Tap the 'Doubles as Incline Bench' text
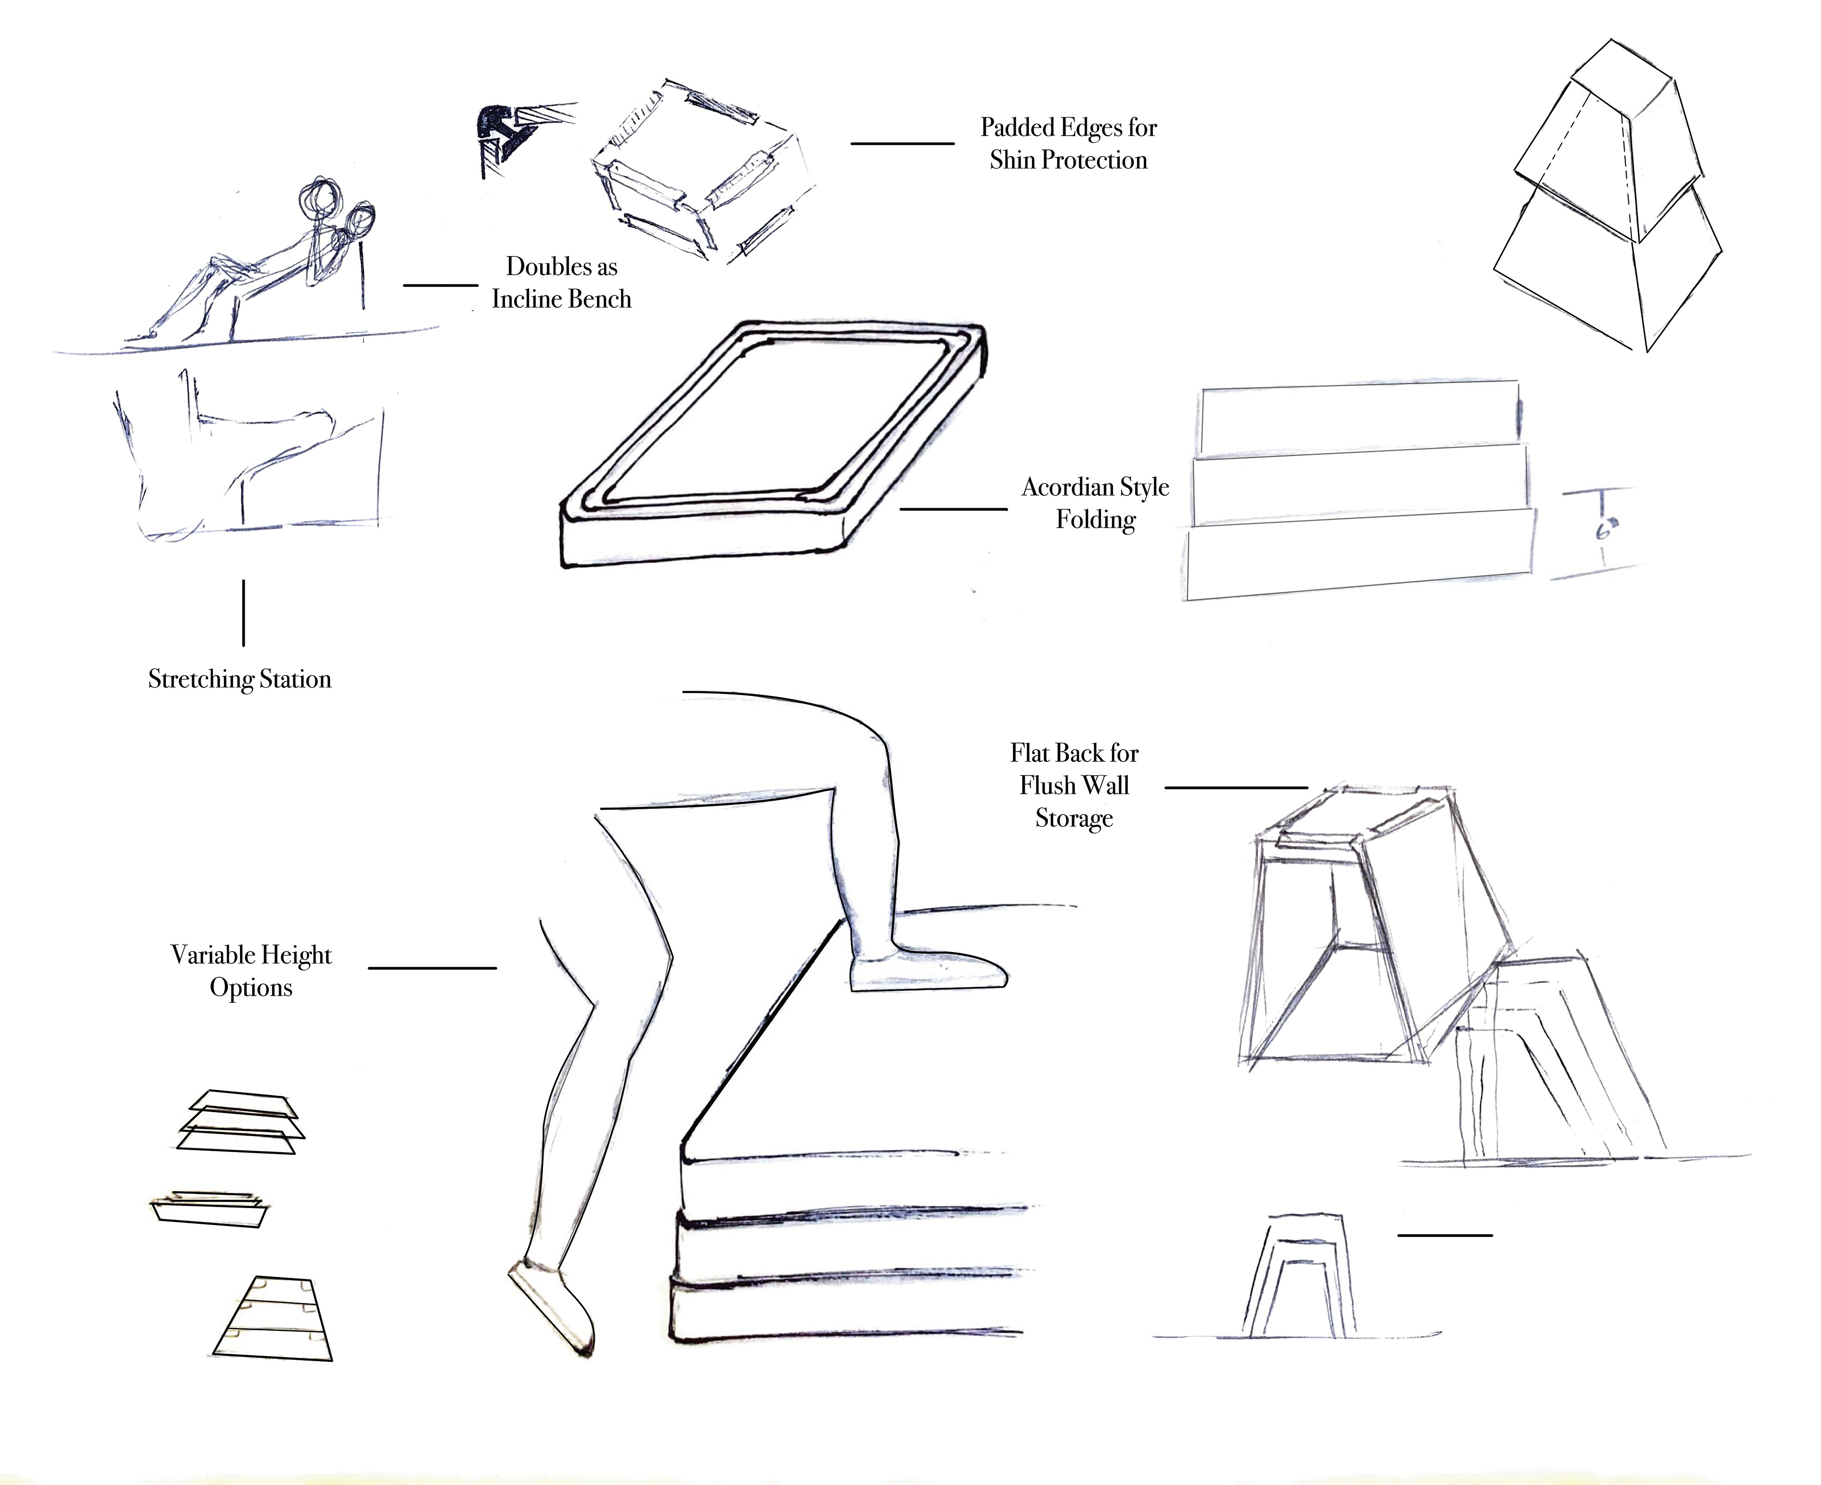[561, 282]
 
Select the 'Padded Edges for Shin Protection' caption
[1068, 144]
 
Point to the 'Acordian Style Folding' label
[1095, 503]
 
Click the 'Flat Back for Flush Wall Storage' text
[1074, 785]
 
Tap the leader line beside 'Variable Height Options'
[432, 968]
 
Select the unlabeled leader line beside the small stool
[1444, 1235]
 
